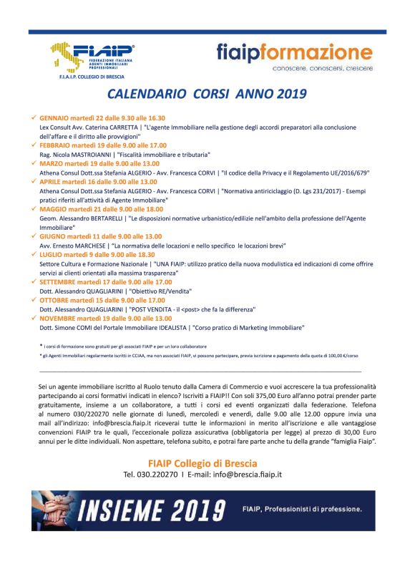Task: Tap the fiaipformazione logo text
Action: pos(294,52)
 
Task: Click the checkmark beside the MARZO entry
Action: pos(33,163)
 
